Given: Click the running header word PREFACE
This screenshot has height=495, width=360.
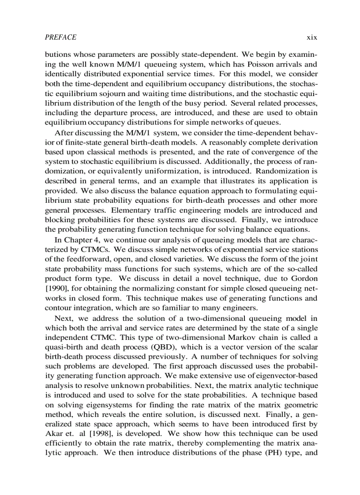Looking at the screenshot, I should click(60, 37).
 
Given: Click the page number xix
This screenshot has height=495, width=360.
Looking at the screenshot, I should click(312, 37).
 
